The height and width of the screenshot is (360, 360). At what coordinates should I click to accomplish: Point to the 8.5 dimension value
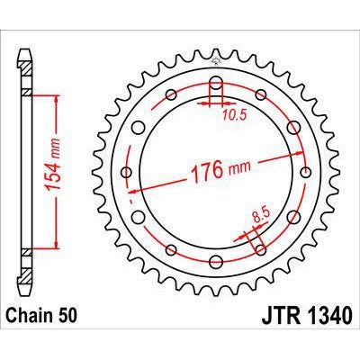[259, 216]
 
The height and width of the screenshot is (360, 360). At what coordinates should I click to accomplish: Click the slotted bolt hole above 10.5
[217, 88]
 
